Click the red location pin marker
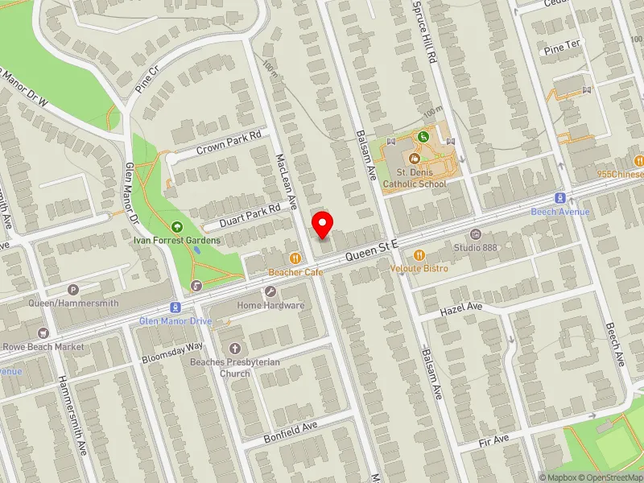(323, 225)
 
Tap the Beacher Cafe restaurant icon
(296, 258)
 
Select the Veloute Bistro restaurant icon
(419, 255)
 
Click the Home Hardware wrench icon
(270, 292)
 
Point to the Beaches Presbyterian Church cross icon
(235, 349)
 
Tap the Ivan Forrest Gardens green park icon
(177, 227)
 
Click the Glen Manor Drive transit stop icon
(173, 308)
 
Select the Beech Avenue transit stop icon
(559, 198)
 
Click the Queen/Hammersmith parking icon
(73, 290)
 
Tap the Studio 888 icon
(475, 234)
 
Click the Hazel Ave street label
(460, 309)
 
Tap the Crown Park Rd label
(229, 143)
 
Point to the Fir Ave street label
(493, 440)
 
